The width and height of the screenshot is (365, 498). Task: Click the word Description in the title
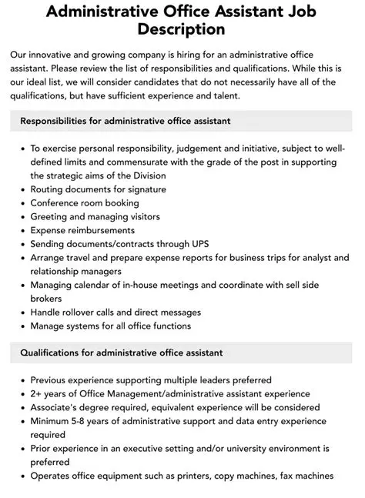click(x=182, y=29)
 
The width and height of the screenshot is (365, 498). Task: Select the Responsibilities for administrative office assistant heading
click(x=126, y=121)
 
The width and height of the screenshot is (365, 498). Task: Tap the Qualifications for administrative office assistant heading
click(x=122, y=353)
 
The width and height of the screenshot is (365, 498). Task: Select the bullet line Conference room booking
click(x=85, y=203)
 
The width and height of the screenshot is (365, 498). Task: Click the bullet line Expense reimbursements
click(x=82, y=230)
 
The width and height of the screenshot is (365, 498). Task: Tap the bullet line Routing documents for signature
click(x=94, y=189)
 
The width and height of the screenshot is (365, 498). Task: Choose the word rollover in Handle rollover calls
click(x=85, y=313)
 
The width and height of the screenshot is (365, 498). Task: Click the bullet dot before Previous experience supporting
click(x=22, y=380)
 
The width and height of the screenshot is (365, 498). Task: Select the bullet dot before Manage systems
click(x=22, y=326)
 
